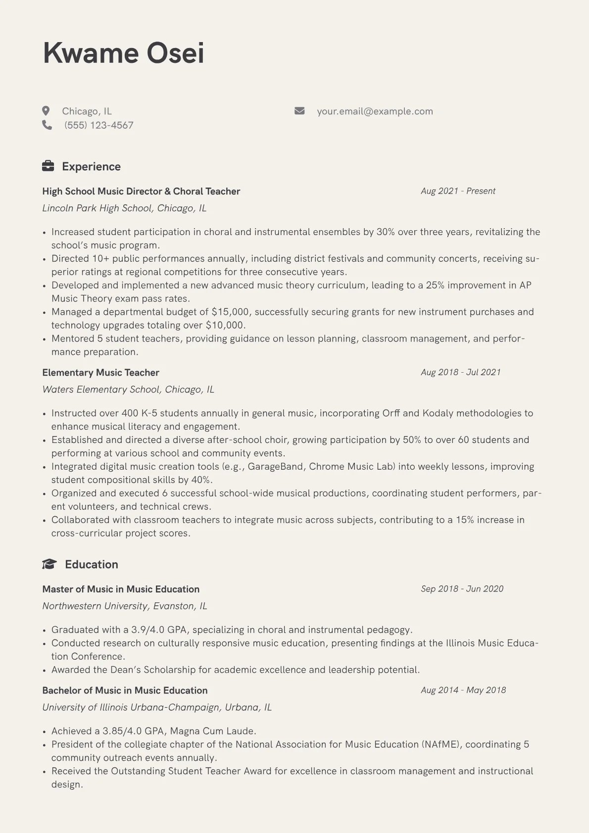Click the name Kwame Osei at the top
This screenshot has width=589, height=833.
[123, 53]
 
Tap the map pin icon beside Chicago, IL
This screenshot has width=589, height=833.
[46, 111]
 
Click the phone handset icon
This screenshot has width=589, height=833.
[47, 125]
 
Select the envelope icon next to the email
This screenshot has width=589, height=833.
[299, 111]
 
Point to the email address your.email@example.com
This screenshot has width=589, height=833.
[375, 111]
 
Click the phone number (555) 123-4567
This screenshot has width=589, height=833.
[98, 125]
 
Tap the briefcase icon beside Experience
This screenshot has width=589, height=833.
[48, 166]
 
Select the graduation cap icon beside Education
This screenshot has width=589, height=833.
[49, 564]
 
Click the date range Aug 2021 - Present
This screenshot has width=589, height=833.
[458, 191]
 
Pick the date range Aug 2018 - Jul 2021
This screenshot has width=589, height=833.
[460, 372]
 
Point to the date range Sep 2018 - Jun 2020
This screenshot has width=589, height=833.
[462, 589]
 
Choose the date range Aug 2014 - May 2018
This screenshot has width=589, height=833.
[463, 690]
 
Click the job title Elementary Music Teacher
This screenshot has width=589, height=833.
[100, 373]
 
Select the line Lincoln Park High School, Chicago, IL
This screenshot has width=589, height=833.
[124, 208]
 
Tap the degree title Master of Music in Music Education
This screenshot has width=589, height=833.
[121, 589]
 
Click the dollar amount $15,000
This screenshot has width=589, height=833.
[230, 312]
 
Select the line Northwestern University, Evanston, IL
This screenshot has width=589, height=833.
[125, 606]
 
